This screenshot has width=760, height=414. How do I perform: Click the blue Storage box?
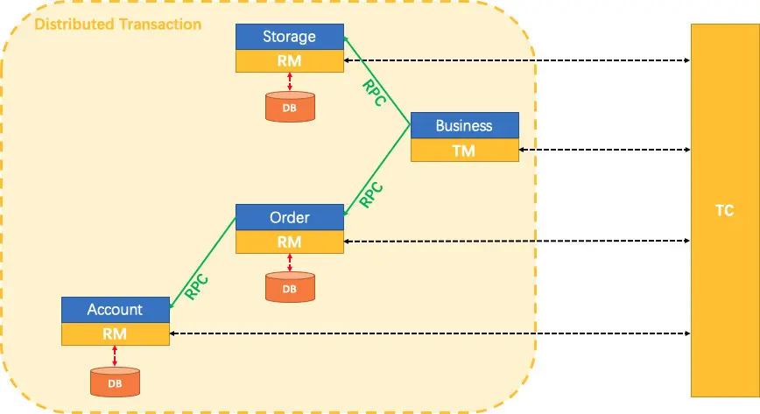[290, 37]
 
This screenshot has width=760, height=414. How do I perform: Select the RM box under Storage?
[290, 61]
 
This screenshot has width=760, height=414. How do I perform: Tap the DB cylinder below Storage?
[290, 107]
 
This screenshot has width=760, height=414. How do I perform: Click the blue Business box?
[465, 125]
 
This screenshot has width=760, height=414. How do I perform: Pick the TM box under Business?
[465, 151]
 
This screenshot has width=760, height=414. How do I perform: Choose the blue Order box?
[290, 217]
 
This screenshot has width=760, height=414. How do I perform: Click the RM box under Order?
[290, 242]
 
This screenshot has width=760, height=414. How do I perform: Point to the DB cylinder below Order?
[290, 287]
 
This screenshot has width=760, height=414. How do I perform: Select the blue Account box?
[116, 310]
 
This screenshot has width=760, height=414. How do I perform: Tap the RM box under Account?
[116, 334]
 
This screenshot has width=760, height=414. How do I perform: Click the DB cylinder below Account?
[115, 382]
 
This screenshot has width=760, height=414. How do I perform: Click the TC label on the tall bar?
[725, 210]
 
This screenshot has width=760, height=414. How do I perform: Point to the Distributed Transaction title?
[118, 25]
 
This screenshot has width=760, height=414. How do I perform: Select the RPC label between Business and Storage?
[375, 93]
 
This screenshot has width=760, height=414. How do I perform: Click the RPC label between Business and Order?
[371, 195]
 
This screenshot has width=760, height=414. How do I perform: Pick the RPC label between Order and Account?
[196, 287]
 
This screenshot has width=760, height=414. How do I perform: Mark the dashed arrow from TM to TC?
[604, 150]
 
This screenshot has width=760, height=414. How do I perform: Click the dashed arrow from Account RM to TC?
[430, 333]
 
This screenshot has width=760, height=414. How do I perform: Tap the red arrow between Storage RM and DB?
[290, 81]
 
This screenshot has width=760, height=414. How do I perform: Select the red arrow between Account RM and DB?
[115, 356]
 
